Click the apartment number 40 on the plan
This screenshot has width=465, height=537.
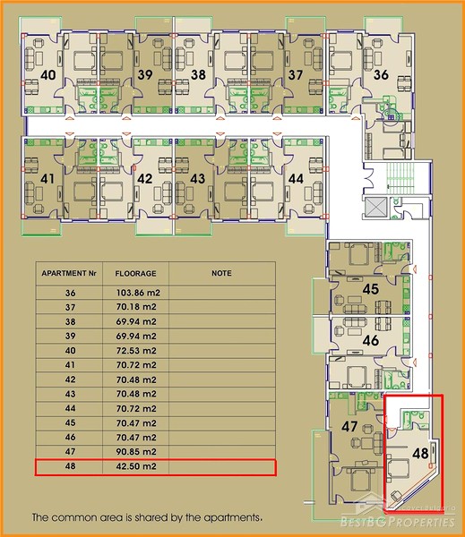pos(48,74)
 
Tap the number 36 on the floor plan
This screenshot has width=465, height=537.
pos(381,74)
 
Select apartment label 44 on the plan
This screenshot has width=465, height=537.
pos(296,178)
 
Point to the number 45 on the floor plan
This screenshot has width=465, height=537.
pos(370,289)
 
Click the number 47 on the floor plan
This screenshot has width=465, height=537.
pos(349,426)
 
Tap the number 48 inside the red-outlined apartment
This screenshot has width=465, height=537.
pos(420,454)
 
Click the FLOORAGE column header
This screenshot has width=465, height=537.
pos(135,274)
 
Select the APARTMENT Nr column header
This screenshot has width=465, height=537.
pos(69,273)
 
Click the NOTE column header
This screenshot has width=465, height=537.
pos(221,273)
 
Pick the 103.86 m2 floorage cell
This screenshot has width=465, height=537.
pos(138,293)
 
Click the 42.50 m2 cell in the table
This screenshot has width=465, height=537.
pos(136,466)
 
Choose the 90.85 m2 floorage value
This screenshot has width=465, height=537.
pos(136,452)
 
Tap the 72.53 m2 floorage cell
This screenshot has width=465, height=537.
pos(136,351)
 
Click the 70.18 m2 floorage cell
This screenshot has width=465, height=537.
pos(136,307)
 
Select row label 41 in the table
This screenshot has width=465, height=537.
pos(70,365)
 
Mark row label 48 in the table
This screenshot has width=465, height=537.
pos(70,466)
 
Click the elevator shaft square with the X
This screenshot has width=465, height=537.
pos(375,208)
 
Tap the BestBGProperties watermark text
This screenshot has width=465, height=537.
pos(397,522)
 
